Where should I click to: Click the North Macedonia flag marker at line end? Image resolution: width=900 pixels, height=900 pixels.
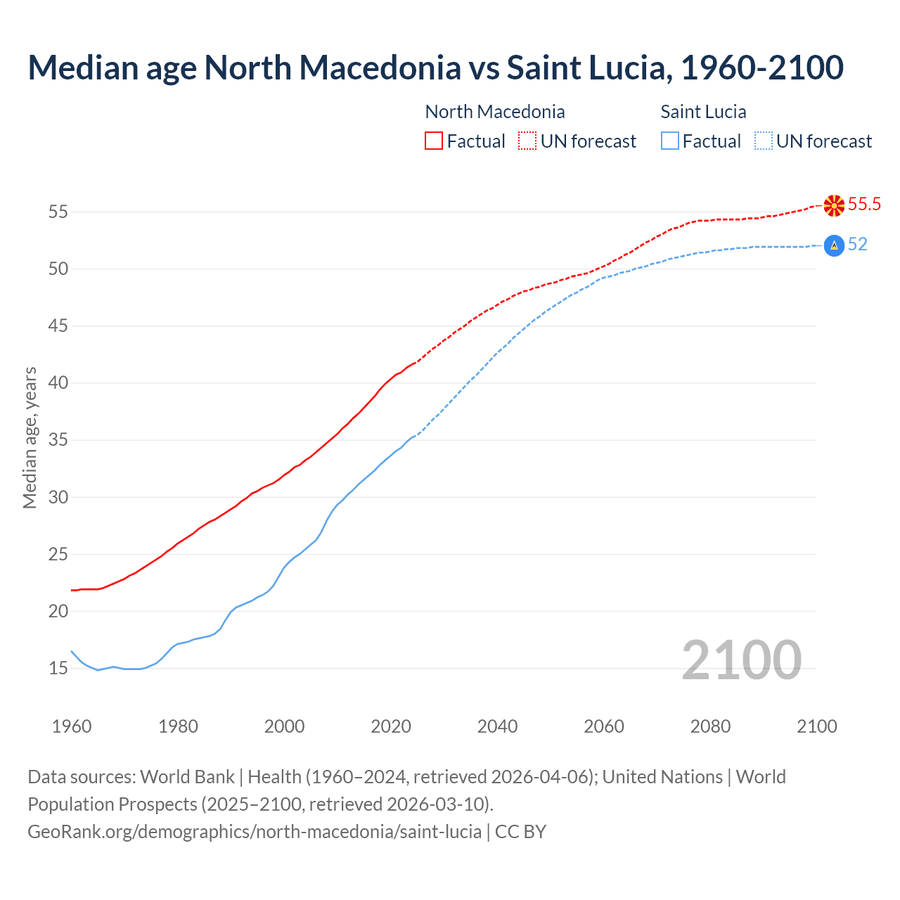(834, 205)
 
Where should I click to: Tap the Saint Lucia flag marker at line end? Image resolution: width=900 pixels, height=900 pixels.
(833, 245)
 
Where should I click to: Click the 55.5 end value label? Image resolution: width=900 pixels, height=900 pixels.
(864, 205)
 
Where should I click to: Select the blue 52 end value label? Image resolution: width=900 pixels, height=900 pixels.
(857, 245)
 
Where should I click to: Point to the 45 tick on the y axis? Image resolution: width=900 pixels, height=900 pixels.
(58, 326)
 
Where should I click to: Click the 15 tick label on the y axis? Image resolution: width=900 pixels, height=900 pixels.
(58, 669)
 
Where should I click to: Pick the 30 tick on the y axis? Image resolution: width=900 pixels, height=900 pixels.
(58, 497)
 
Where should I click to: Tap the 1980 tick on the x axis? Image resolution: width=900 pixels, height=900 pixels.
(178, 726)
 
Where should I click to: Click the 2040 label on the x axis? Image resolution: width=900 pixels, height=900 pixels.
(497, 726)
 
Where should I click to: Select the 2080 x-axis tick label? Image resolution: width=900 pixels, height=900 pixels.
(710, 726)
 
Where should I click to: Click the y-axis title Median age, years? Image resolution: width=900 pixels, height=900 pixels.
(30, 437)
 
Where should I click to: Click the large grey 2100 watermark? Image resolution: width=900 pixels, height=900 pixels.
(741, 660)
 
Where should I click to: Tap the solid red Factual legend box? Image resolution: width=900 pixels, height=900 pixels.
(434, 141)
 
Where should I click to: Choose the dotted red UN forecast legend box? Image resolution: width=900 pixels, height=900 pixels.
(527, 141)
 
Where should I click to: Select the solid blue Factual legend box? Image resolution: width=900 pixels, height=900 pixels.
(670, 141)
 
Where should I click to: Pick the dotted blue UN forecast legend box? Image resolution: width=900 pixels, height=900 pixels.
(764, 141)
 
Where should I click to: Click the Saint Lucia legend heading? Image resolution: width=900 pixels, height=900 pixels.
(703, 112)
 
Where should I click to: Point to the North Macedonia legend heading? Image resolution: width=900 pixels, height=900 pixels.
(495, 112)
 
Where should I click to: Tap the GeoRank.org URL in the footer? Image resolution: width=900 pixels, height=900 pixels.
(255, 832)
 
